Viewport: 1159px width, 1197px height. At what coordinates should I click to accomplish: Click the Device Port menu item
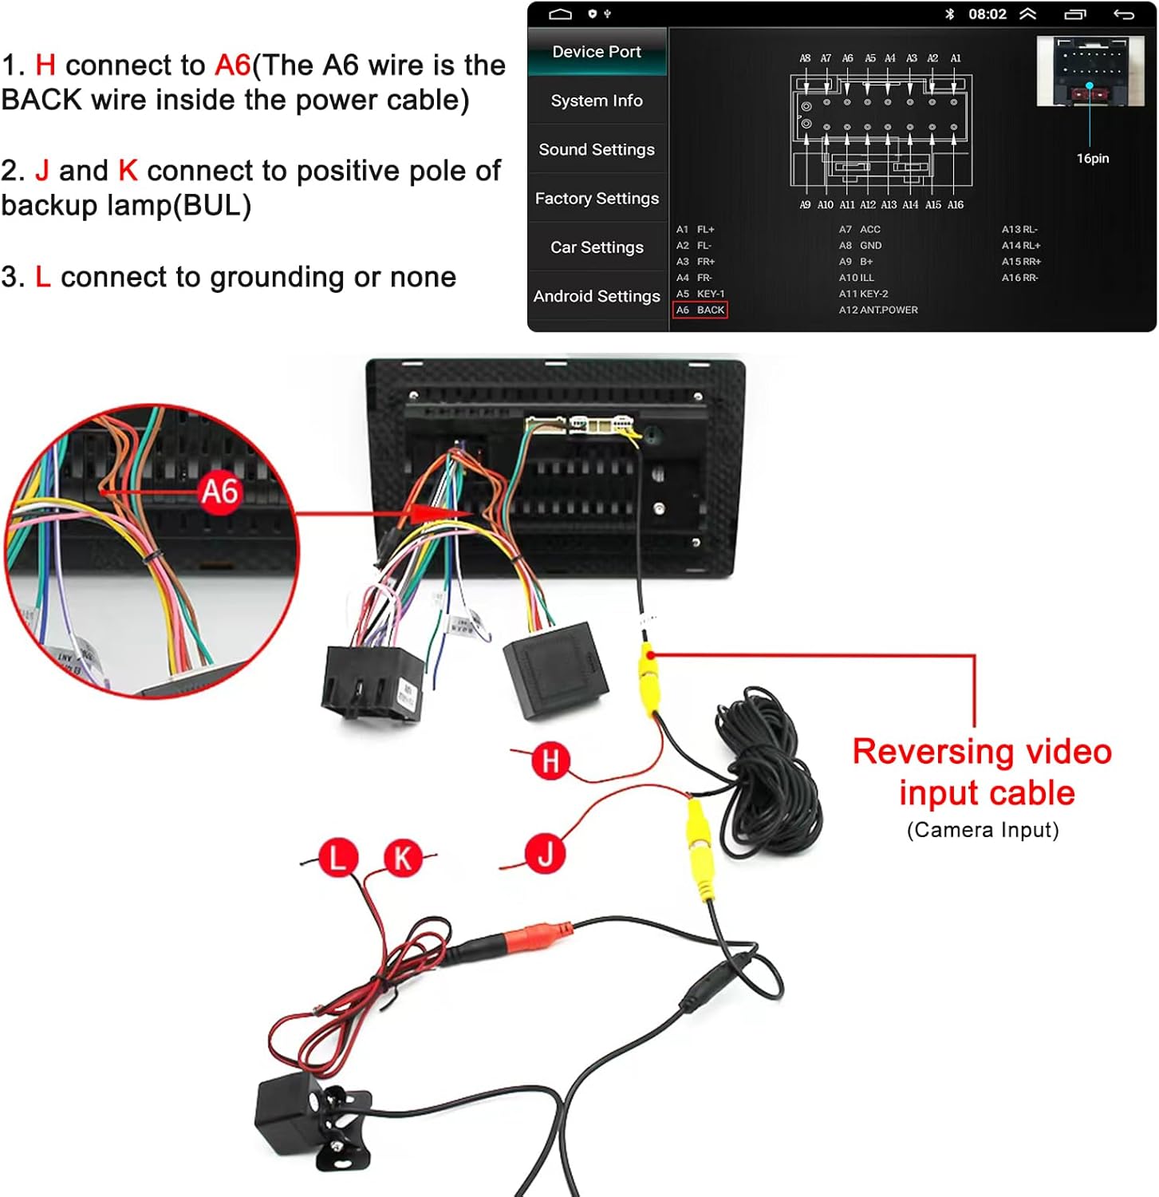pos(597,52)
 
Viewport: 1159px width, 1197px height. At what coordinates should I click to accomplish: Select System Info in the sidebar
pos(597,101)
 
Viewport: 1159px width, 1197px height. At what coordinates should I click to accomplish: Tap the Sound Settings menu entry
pos(597,150)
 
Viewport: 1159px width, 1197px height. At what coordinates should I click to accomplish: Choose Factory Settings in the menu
pos(597,199)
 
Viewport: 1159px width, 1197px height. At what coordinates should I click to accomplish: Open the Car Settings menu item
pos(597,247)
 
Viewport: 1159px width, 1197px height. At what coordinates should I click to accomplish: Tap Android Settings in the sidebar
pos(597,296)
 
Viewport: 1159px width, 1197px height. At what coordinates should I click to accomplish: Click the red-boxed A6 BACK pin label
pos(700,310)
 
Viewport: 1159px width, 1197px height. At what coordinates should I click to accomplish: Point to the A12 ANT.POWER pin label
pos(878,310)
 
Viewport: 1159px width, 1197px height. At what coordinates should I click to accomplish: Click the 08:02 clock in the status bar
pos(987,14)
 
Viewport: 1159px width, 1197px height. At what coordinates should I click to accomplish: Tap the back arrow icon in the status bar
pos(1123,14)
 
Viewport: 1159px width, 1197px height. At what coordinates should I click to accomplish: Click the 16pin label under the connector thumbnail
pos(1092,159)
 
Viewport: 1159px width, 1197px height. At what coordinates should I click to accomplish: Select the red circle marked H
pos(550,760)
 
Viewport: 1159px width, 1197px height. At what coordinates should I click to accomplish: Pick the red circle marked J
pos(545,854)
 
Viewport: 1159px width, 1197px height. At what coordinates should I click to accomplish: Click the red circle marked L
pos(338,858)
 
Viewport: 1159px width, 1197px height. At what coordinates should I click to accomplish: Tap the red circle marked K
pos(403,858)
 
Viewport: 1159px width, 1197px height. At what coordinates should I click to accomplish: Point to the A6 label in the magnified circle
pos(219,491)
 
